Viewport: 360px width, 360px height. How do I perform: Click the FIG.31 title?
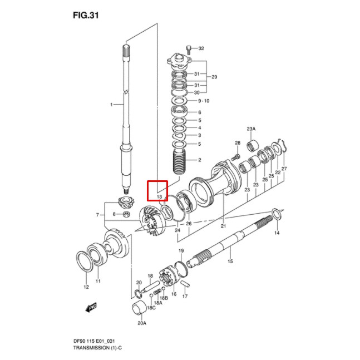click(x=86, y=16)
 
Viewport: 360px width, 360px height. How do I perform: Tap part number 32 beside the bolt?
click(x=201, y=48)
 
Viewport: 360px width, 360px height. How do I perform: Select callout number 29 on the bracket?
click(x=214, y=77)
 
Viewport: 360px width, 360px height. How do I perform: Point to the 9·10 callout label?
click(x=204, y=101)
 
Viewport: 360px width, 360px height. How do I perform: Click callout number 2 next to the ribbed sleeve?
click(x=200, y=160)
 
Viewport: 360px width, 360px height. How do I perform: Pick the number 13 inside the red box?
click(x=159, y=197)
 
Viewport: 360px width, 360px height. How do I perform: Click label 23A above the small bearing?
click(x=251, y=129)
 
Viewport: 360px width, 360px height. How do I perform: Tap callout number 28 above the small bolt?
click(x=238, y=143)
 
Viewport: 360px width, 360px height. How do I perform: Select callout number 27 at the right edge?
click(x=284, y=169)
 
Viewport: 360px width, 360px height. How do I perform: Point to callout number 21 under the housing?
click(x=223, y=226)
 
